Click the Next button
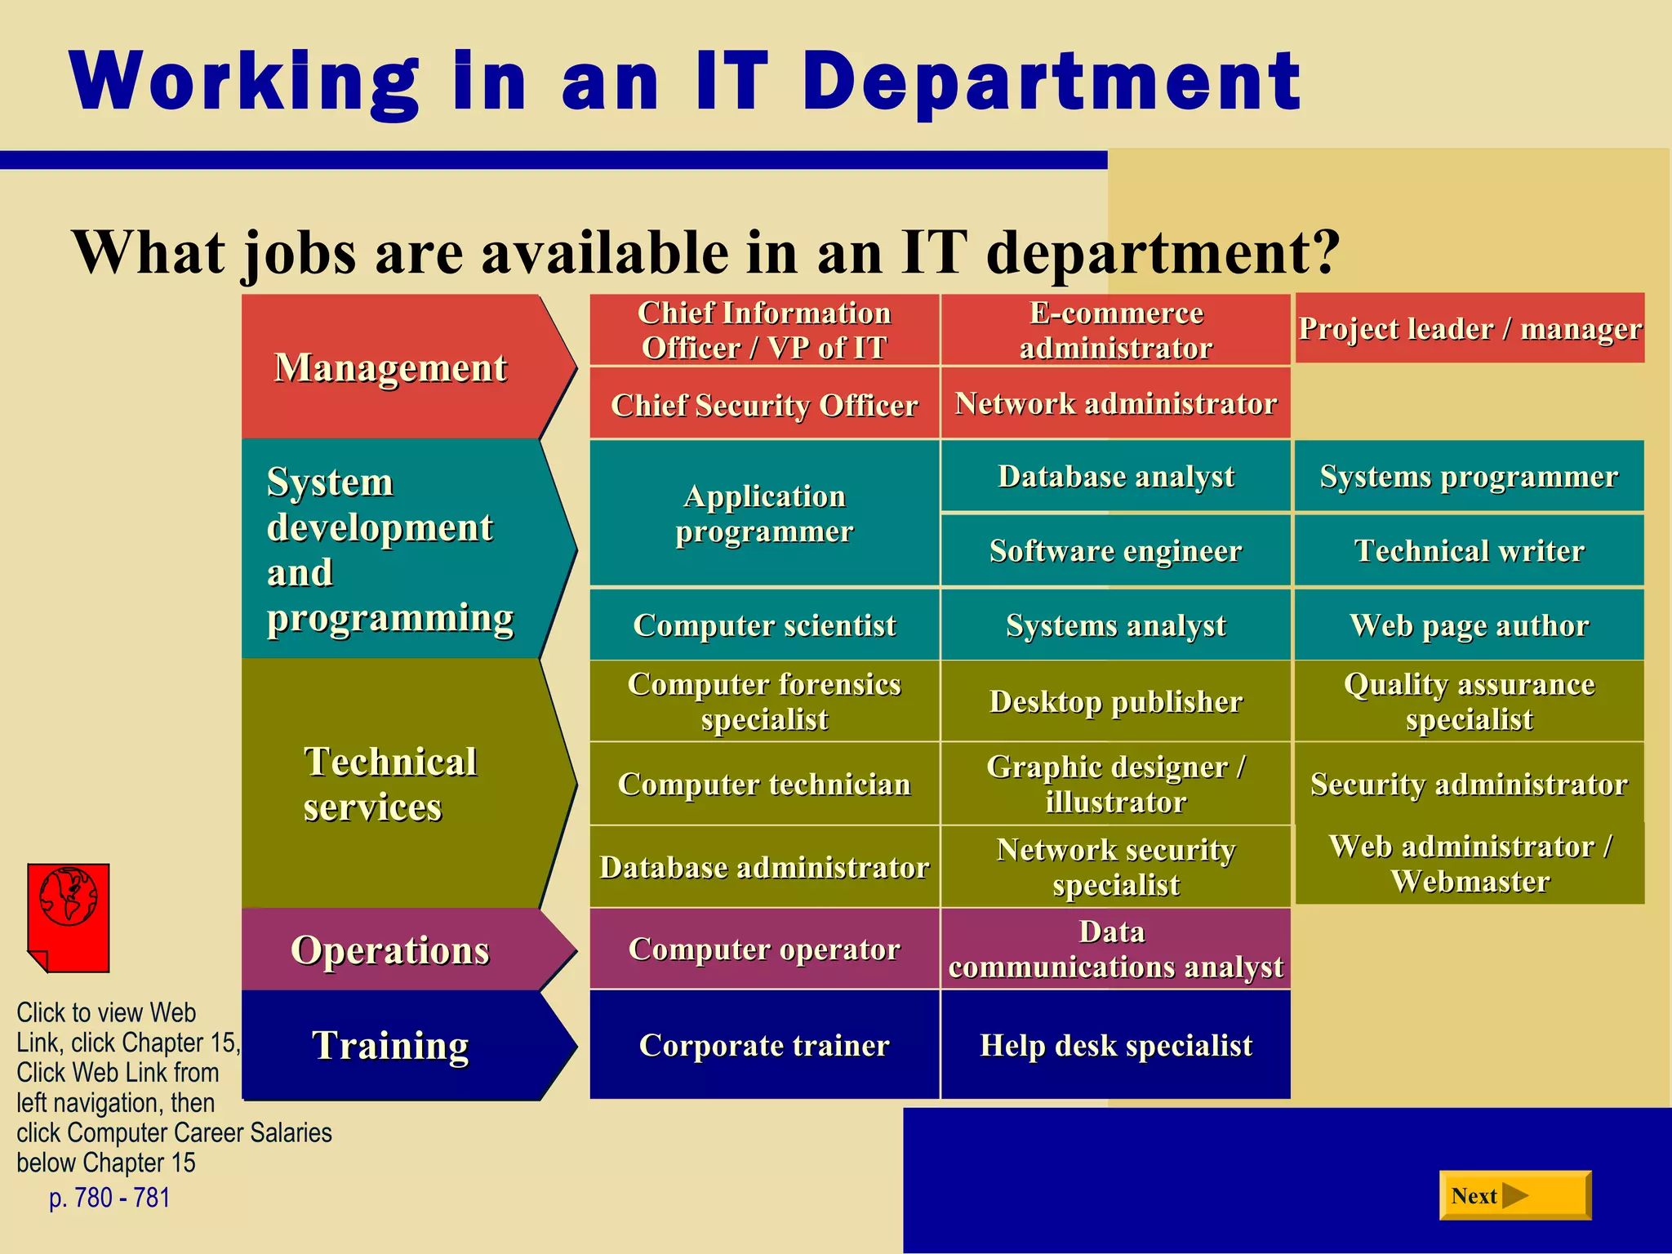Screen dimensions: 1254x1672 1514,1195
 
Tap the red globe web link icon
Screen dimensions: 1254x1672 69,918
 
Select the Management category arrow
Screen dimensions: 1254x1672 400,367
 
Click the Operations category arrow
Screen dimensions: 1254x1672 400,949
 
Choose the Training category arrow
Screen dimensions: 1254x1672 400,1045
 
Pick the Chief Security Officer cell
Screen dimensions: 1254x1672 764,403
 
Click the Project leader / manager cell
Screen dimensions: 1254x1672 1470,328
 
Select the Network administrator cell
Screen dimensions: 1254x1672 1115,403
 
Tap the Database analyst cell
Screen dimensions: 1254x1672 1115,476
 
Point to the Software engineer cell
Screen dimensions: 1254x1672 1115,550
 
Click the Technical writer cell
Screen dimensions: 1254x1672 1470,550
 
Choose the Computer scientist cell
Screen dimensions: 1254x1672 764,625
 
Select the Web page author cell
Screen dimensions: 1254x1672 1470,625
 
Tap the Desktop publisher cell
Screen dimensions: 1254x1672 1115,701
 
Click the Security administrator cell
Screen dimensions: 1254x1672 1470,784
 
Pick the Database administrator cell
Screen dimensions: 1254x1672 764,867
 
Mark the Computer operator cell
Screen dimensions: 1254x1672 764,949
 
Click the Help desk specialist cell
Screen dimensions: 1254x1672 1115,1045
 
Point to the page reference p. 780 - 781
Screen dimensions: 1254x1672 109,1198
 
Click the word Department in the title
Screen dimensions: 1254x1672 1052,82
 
